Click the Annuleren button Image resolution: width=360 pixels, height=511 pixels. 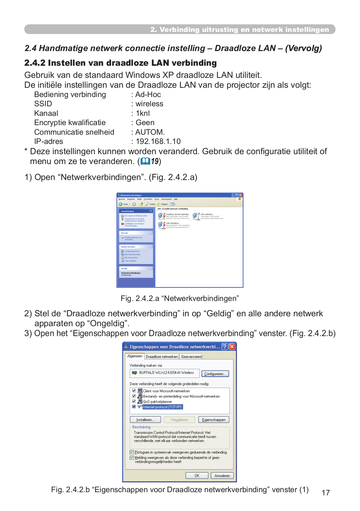(x=222, y=476)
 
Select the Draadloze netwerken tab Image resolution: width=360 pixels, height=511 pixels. (x=162, y=357)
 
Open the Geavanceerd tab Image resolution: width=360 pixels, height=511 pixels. (x=191, y=357)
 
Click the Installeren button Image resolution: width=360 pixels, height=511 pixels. (x=145, y=420)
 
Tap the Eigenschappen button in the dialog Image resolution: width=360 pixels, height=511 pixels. (x=214, y=420)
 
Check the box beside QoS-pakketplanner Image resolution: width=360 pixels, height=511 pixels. (x=134, y=401)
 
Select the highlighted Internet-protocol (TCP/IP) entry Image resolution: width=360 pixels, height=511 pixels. (x=162, y=407)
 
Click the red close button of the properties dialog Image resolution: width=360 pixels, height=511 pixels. (x=232, y=347)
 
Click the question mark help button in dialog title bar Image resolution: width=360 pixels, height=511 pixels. (x=225, y=347)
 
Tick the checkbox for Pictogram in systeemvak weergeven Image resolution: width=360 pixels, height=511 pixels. (x=132, y=452)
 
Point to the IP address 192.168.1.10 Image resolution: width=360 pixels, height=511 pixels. (x=158, y=141)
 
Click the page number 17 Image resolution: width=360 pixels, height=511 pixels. (x=326, y=493)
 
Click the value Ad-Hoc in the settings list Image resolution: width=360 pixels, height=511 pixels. (x=148, y=94)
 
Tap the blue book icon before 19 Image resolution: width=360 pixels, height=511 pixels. (x=145, y=161)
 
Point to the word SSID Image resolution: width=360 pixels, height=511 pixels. (x=43, y=104)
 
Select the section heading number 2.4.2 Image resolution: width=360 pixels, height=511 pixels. (x=35, y=63)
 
